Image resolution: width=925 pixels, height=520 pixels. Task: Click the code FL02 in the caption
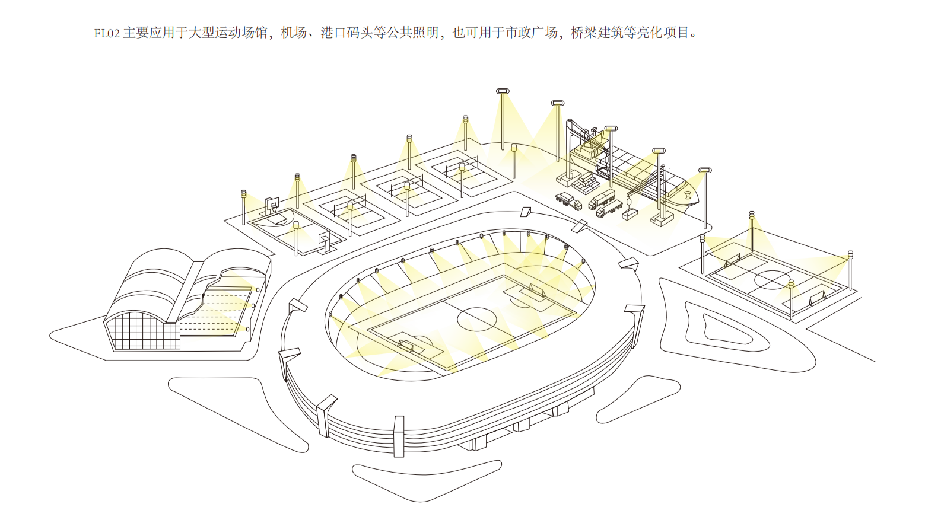click(x=107, y=33)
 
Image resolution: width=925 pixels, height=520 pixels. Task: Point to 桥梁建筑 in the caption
click(x=597, y=33)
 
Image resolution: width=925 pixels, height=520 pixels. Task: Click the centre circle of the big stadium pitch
click(x=476, y=319)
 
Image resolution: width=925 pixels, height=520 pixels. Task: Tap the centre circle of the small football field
click(x=773, y=280)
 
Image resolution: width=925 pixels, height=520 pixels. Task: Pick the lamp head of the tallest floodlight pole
click(x=503, y=91)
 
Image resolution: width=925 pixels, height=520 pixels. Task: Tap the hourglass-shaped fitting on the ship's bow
click(x=688, y=194)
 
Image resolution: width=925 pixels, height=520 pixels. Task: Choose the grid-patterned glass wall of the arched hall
click(x=142, y=332)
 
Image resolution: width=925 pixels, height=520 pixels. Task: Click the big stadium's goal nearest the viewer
click(x=406, y=346)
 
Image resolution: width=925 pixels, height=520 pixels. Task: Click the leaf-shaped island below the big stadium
click(x=426, y=479)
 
